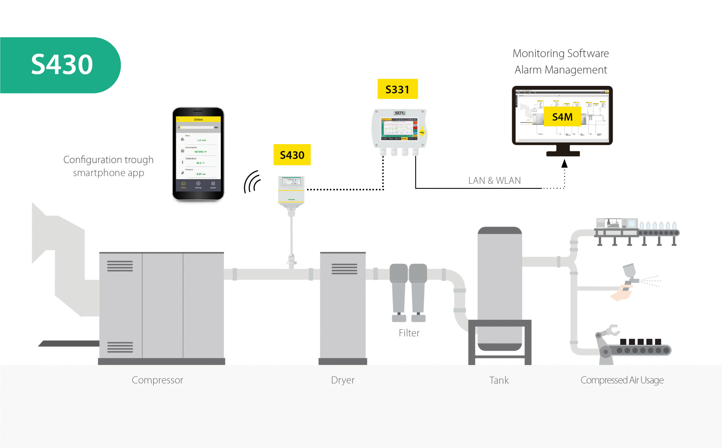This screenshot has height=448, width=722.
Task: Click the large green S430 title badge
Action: (x=61, y=65)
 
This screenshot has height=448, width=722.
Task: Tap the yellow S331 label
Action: (x=397, y=89)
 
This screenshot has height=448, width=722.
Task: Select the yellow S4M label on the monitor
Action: (x=562, y=117)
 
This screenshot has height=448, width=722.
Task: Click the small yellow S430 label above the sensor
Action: (x=292, y=155)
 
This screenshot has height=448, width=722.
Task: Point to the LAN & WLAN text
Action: (x=494, y=180)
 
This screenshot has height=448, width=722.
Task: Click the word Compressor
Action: (x=157, y=380)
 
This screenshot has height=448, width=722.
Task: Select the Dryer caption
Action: (x=343, y=380)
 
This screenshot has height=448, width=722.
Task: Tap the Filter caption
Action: (x=409, y=333)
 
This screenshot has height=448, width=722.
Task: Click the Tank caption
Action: (x=499, y=380)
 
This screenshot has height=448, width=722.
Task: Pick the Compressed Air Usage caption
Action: (x=622, y=380)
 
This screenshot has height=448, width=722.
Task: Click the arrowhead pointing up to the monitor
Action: (x=564, y=164)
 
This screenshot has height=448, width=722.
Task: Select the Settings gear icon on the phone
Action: (x=198, y=184)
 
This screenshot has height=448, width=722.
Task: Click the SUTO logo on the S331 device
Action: (x=400, y=113)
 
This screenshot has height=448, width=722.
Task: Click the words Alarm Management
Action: (x=561, y=70)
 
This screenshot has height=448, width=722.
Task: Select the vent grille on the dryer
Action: (x=344, y=268)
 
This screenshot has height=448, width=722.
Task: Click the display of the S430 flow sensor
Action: (x=291, y=181)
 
